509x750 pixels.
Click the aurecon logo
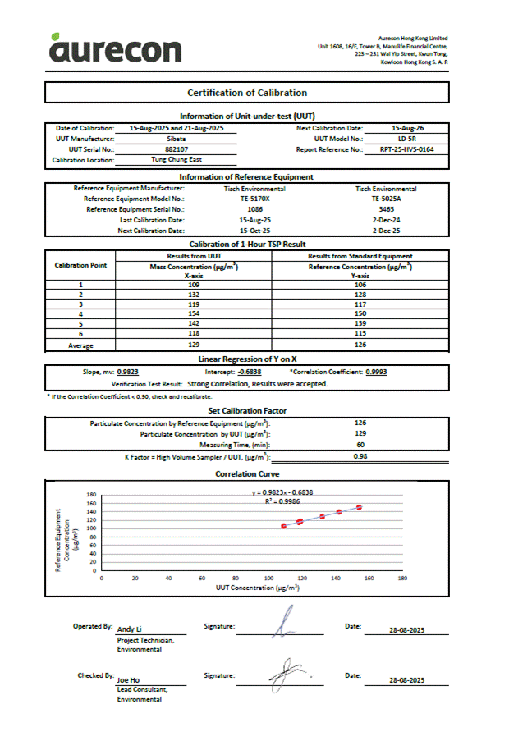tap(115, 48)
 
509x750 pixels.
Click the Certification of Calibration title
tap(247, 93)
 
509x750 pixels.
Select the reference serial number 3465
tap(386, 209)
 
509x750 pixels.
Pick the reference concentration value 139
tap(360, 324)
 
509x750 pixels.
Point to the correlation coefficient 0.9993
tap(377, 372)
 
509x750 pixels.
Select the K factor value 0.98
tap(360, 455)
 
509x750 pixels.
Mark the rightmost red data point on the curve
tap(360, 507)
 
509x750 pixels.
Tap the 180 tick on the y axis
tap(92, 496)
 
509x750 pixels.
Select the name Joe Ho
tap(128, 680)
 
